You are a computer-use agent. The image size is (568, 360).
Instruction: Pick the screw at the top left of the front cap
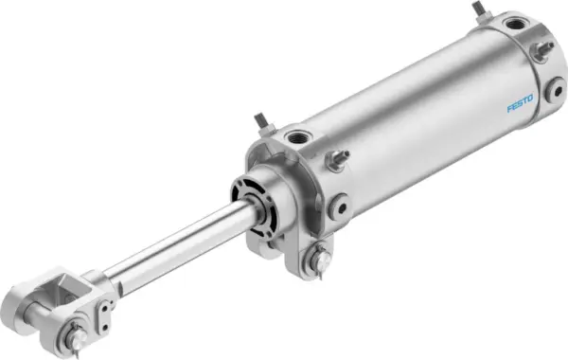coord(260,123)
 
